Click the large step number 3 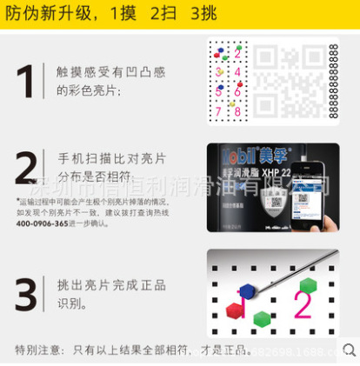point(26,292)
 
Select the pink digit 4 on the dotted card point(237,70)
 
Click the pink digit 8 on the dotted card point(237,110)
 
